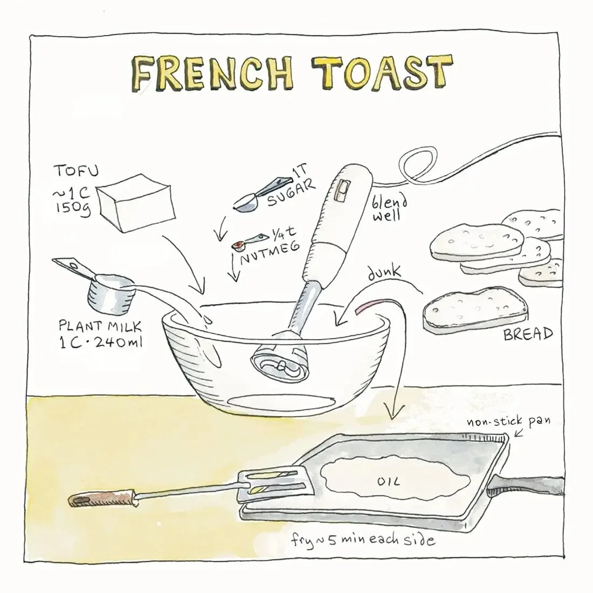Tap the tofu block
136,203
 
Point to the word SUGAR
291,193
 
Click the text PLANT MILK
100,326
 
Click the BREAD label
528,334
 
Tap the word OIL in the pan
388,481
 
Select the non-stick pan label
509,421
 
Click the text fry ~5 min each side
363,540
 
